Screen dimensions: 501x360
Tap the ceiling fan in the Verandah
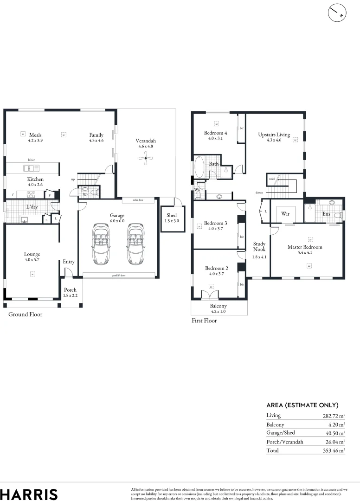click(146, 159)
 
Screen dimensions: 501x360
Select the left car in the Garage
click(101, 243)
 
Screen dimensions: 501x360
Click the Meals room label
click(35, 135)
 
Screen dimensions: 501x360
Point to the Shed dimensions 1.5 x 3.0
click(172, 221)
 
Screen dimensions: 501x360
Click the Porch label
click(70, 290)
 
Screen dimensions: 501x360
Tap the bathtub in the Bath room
click(199, 167)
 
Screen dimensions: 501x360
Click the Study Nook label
click(259, 246)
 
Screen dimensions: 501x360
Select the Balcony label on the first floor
click(219, 306)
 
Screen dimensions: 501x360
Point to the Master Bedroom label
click(304, 247)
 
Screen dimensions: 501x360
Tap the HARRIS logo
click(29, 494)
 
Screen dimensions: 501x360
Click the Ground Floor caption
click(26, 315)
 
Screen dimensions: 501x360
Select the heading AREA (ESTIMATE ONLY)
click(302, 405)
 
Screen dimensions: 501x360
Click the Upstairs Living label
click(274, 135)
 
